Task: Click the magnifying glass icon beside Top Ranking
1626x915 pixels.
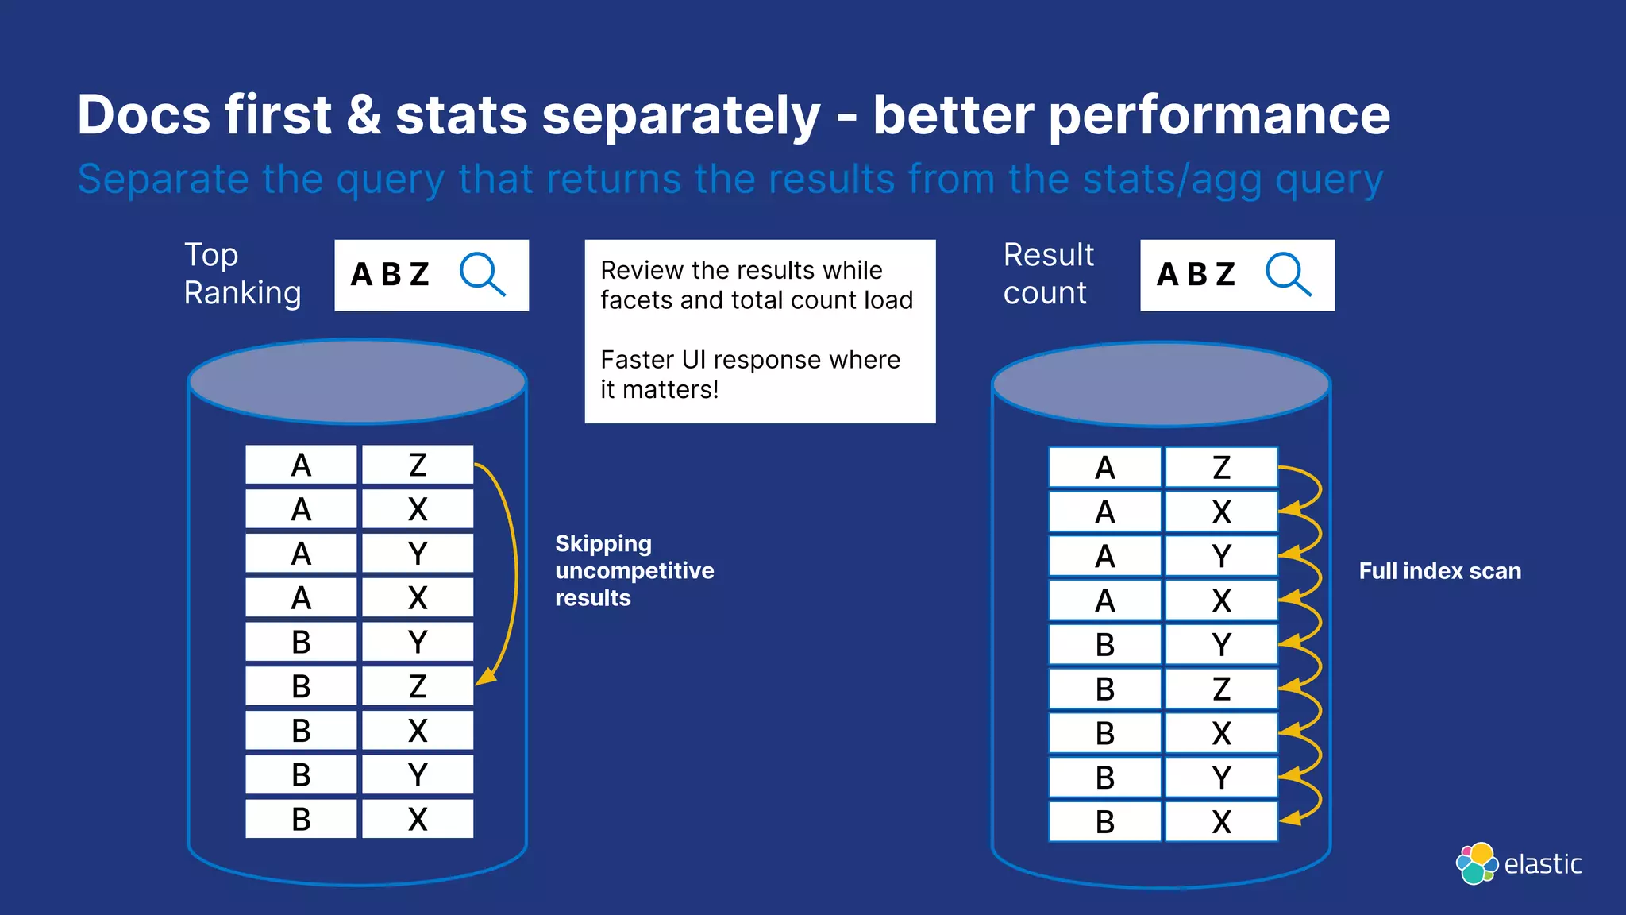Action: (482, 274)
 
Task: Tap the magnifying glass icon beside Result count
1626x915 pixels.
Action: (1288, 274)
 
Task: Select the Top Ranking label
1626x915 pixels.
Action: (242, 274)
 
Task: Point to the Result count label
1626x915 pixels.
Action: (1048, 274)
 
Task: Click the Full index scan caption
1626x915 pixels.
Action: (1439, 571)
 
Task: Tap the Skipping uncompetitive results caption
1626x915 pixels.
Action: (634, 570)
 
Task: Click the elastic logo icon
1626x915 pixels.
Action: (1477, 863)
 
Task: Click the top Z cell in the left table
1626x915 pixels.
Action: (418, 465)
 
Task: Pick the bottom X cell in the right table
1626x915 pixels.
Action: (1221, 822)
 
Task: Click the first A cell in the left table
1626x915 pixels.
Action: (301, 465)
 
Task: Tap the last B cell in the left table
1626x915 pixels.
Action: (301, 819)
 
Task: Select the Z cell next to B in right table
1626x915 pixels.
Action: (1221, 689)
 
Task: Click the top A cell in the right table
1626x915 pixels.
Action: (1104, 468)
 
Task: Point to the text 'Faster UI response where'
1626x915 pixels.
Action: (750, 360)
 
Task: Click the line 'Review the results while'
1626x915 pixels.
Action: (741, 270)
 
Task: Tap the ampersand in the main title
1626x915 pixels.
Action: (364, 115)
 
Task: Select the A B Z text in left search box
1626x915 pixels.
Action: (390, 275)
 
